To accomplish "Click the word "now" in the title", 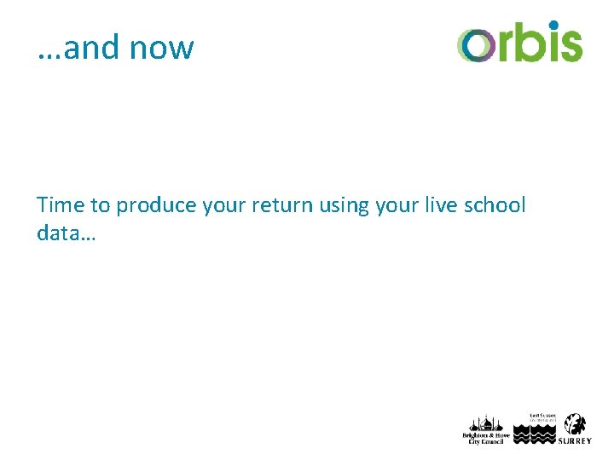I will (x=161, y=49).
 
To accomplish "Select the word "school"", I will (x=497, y=205).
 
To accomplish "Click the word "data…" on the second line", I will (x=67, y=233).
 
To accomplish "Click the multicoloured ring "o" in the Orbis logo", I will (x=475, y=45).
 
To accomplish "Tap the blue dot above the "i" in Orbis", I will (x=553, y=26).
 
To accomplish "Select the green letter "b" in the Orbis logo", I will (x=528, y=43).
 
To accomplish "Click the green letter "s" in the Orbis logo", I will (x=571, y=45).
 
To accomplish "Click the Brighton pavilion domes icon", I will (x=484, y=423).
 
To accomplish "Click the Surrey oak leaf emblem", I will (x=576, y=423).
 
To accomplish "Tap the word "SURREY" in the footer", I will (x=575, y=440).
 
